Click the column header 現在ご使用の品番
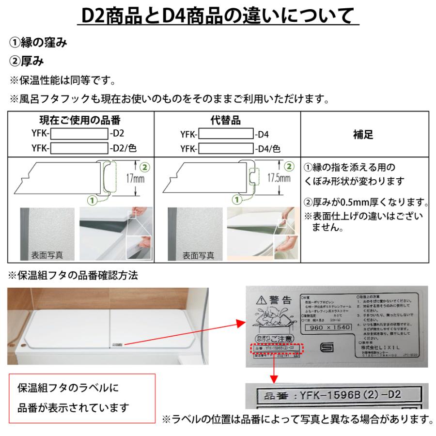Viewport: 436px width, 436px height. point(79,120)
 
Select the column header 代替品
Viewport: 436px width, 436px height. point(227,120)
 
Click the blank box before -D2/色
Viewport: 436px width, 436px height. point(79,149)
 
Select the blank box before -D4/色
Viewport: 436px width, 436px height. point(226,149)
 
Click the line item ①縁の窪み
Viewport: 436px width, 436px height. point(38,43)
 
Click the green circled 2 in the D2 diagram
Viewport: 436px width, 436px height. point(144,167)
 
